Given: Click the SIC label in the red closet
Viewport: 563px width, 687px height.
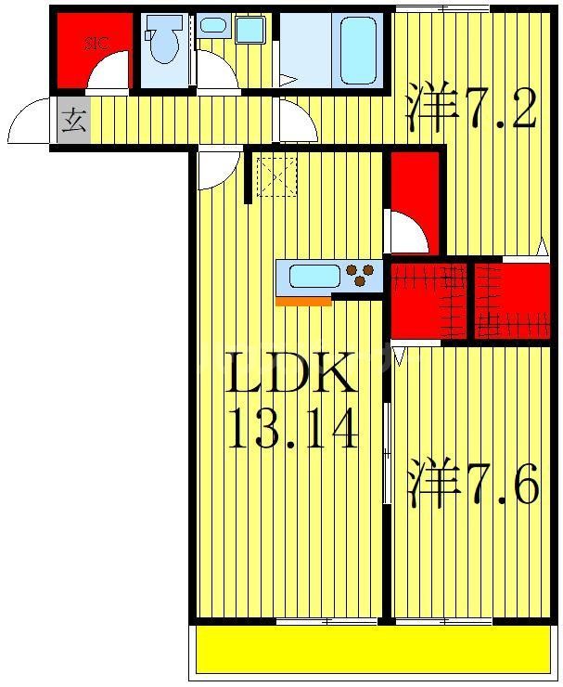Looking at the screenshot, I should tap(95, 42).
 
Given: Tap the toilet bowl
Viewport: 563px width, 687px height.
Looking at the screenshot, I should tap(163, 44).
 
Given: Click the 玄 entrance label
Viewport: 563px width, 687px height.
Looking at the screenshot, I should tap(73, 121).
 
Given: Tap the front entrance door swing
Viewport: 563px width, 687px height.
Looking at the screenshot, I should tap(30, 121).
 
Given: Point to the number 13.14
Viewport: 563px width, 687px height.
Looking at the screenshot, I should tap(292, 429).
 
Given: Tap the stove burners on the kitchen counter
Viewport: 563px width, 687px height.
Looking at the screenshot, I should tap(363, 275).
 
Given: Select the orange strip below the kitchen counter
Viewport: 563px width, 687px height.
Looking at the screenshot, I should tap(303, 301).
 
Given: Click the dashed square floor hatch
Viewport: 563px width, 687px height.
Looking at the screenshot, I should tap(276, 175).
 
